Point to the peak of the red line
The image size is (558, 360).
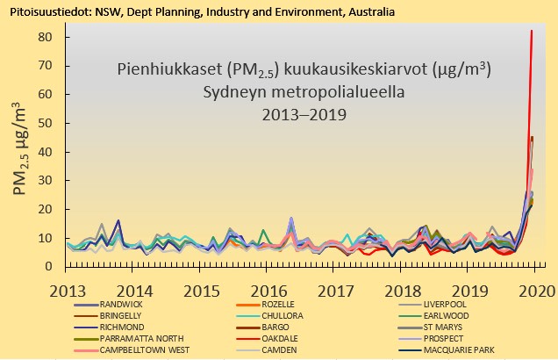coord(532,32)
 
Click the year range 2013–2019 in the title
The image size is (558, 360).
coord(304,114)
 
